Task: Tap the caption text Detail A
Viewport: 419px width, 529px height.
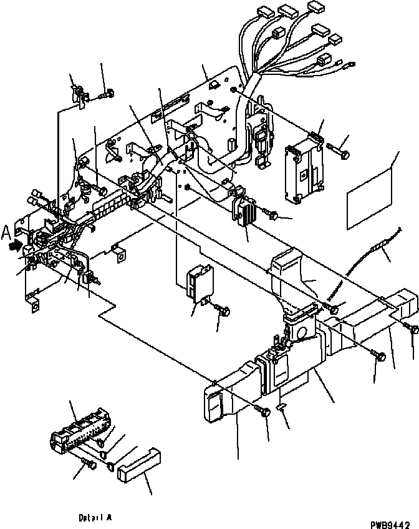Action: click(95, 518)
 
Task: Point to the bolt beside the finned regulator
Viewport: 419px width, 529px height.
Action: click(273, 215)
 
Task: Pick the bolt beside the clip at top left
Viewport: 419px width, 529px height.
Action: click(107, 94)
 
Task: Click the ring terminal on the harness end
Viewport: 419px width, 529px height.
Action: click(350, 62)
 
